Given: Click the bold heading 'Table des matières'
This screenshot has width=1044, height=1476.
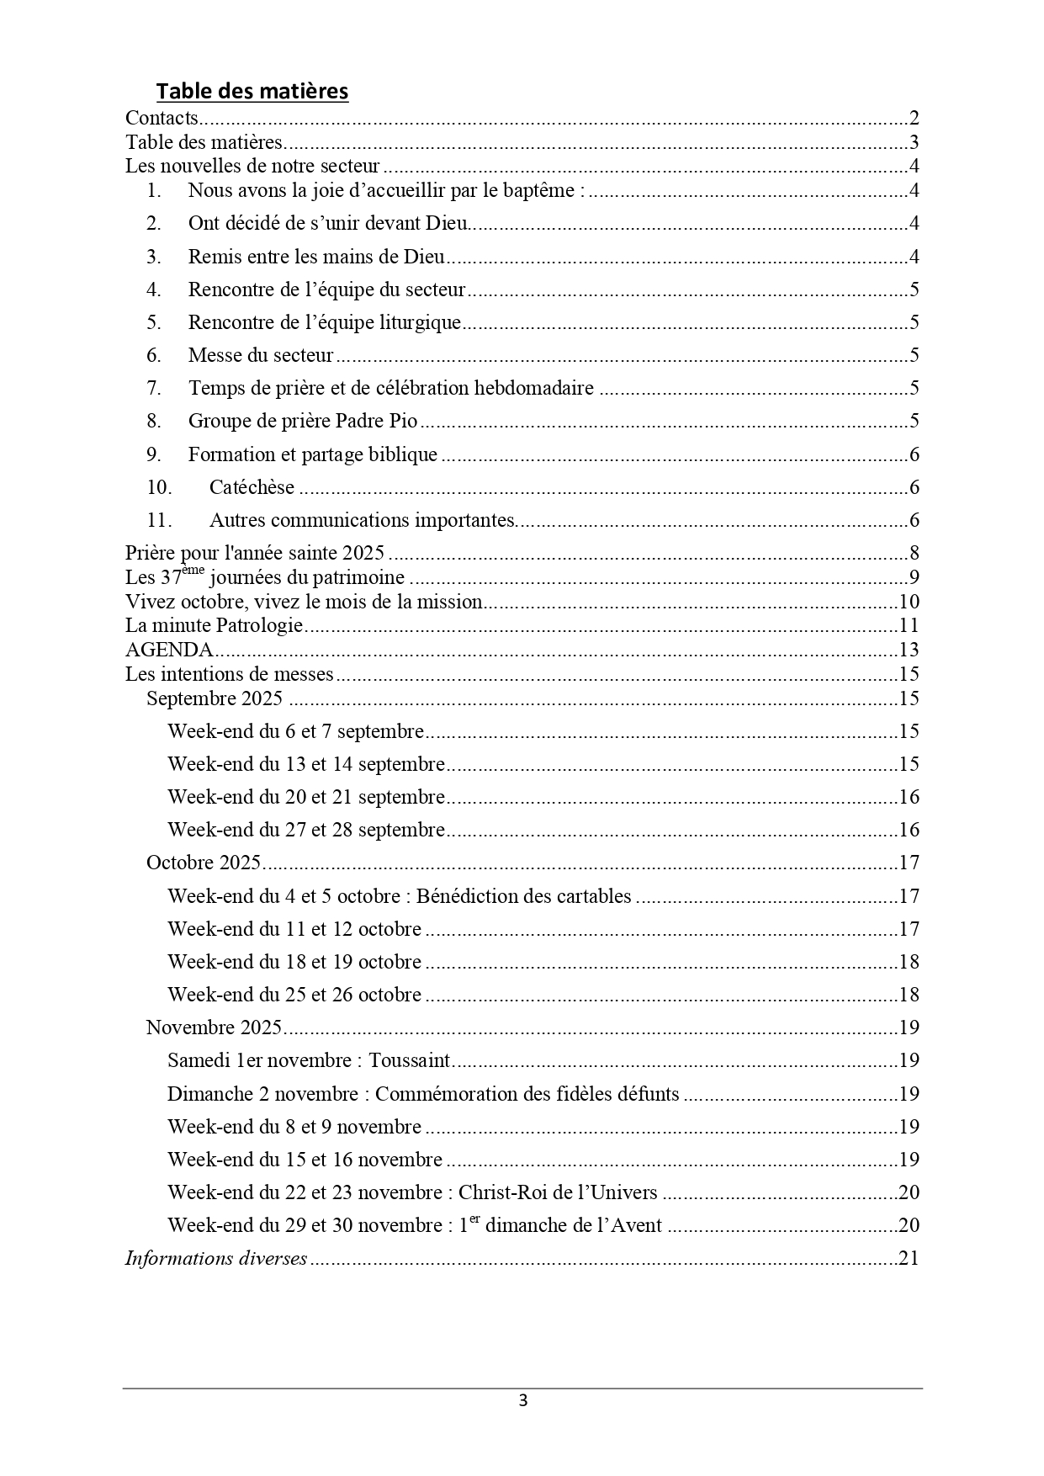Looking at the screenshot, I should [252, 91].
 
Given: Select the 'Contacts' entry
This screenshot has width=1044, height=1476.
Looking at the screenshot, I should [162, 118].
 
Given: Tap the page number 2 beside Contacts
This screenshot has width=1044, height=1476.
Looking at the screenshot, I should [914, 118].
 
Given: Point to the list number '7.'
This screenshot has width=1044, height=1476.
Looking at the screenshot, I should [154, 389].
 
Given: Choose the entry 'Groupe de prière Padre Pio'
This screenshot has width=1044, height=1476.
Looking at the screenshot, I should [303, 422].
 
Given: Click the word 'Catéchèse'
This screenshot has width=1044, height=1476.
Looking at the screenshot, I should [252, 488].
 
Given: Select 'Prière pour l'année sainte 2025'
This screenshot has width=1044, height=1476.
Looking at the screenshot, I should [255, 554].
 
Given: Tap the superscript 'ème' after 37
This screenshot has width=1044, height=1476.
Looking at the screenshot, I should [193, 571].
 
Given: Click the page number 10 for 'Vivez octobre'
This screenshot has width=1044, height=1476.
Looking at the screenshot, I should [909, 603].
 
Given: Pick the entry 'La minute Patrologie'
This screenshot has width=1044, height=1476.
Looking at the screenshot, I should [214, 626].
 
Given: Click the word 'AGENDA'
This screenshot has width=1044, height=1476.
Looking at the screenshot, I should [169, 650].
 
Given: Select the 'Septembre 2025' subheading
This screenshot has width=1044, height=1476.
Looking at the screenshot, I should [215, 699].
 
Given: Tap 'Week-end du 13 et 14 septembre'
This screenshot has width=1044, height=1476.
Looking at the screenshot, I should [306, 765].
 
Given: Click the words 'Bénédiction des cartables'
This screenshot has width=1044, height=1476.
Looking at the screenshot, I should [523, 897].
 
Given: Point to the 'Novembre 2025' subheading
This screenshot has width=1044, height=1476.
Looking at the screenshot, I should [214, 1028].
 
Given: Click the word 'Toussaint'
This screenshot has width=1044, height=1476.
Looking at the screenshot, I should [410, 1061].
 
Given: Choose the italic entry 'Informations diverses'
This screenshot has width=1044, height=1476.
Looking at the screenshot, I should [216, 1259].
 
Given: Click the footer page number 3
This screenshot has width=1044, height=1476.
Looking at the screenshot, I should [522, 1401].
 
